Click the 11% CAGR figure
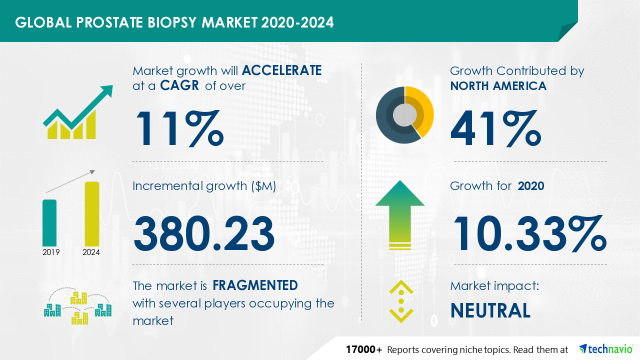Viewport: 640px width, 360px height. [x=179, y=128]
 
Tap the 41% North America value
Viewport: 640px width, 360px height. [x=496, y=128]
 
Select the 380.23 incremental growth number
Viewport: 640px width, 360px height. [x=204, y=233]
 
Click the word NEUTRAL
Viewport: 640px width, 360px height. [x=490, y=310]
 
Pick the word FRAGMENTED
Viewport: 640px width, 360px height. [x=255, y=285]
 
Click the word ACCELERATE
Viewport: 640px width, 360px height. [x=281, y=70]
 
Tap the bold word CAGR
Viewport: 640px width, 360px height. [x=179, y=85]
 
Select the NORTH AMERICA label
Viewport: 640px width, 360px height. [x=498, y=86]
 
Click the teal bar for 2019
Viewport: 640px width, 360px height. [x=49, y=223]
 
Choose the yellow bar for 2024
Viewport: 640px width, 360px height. [x=92, y=213]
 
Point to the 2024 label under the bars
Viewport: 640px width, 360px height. [x=91, y=252]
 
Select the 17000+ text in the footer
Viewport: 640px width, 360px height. [x=363, y=349]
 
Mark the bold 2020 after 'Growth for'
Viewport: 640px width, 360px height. [x=531, y=186]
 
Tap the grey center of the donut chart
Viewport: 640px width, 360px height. [x=404, y=115]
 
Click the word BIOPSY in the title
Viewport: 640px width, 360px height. [x=172, y=22]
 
